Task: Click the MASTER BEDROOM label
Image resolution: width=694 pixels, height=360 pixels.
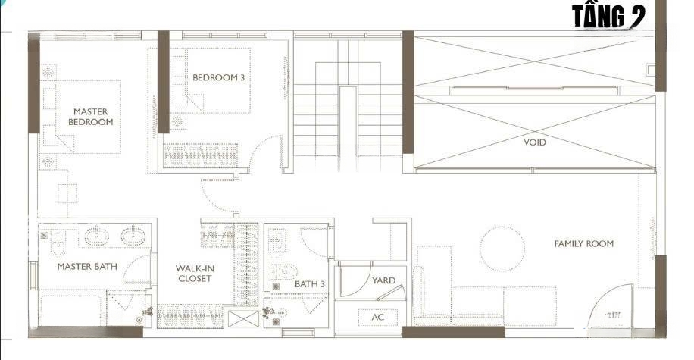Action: click(x=91, y=117)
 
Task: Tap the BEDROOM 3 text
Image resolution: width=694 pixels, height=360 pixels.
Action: click(x=218, y=77)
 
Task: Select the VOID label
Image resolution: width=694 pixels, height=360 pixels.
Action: click(x=535, y=142)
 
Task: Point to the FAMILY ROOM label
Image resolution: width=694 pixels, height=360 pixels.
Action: click(x=584, y=243)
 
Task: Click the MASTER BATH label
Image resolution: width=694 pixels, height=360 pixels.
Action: click(x=87, y=267)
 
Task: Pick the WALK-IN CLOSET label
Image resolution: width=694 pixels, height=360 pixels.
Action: click(x=194, y=273)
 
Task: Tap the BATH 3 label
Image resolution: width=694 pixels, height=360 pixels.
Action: click(x=310, y=284)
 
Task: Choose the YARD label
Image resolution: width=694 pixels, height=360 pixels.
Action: click(x=383, y=280)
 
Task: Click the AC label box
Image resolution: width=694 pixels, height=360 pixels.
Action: click(x=377, y=317)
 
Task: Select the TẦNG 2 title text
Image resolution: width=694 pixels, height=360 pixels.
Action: click(x=608, y=17)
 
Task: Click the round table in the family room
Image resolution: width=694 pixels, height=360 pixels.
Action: click(x=502, y=249)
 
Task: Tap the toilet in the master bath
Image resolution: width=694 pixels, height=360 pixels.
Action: click(x=58, y=243)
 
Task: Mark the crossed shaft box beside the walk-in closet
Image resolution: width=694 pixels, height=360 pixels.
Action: click(x=243, y=319)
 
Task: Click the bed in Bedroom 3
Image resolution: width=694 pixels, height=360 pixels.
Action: click(x=218, y=80)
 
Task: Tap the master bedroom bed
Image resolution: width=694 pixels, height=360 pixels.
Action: click(x=89, y=117)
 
